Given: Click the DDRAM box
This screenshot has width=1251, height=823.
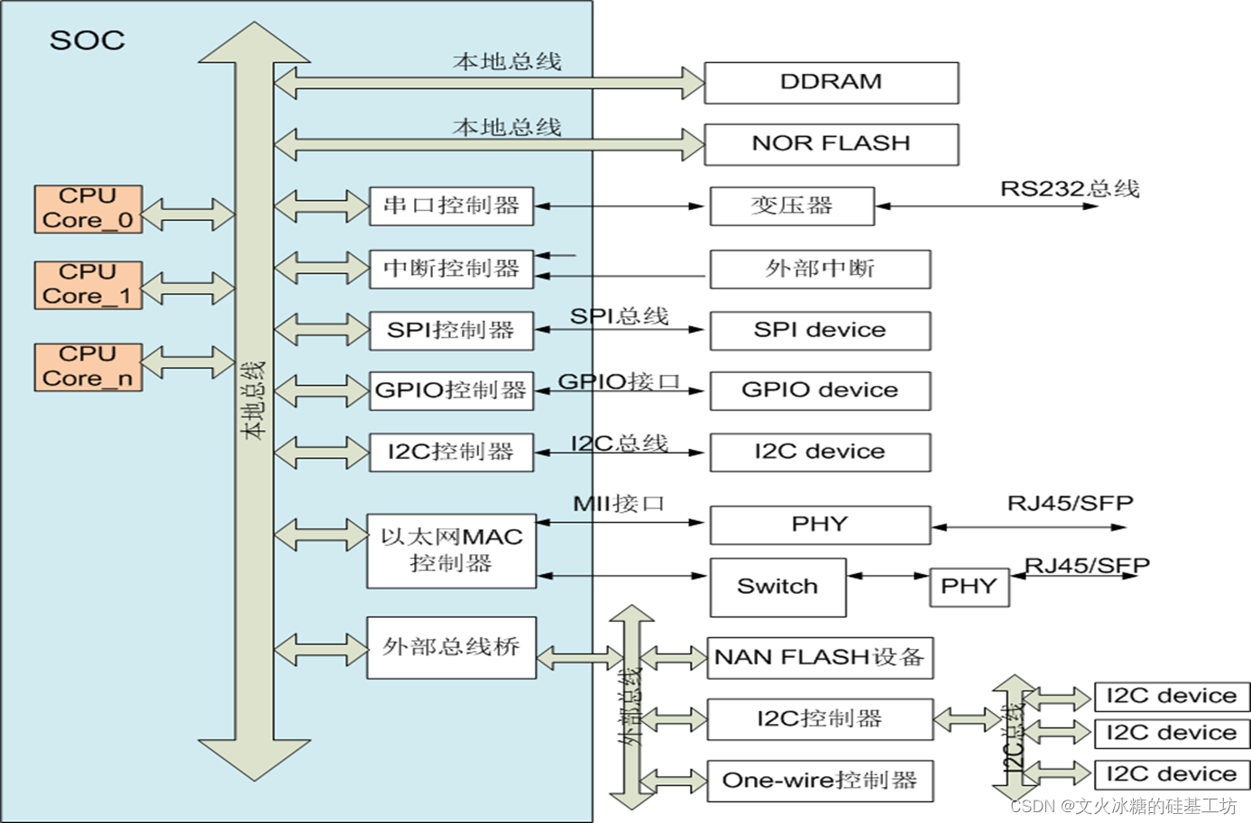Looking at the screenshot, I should click(831, 83).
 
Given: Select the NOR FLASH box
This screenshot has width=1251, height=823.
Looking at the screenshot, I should click(831, 144).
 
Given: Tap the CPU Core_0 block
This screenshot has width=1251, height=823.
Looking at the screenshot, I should click(88, 209).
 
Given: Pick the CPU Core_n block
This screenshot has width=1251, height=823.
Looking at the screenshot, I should click(88, 367).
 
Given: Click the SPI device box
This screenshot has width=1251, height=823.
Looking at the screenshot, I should click(820, 331).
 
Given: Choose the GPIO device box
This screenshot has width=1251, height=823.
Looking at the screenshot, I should click(820, 390).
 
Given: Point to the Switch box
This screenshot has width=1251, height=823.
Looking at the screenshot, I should click(777, 587).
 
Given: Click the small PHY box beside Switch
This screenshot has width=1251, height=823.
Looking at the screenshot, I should click(969, 588).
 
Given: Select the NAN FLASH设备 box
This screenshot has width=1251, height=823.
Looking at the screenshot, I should click(820, 658).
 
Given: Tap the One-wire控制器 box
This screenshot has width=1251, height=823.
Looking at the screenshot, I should click(820, 781).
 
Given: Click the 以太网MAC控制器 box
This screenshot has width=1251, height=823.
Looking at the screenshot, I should click(451, 551).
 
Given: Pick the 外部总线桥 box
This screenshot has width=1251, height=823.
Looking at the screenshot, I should click(451, 647).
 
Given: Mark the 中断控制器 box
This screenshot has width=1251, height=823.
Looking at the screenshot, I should click(451, 269).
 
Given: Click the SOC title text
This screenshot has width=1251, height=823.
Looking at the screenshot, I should click(87, 41).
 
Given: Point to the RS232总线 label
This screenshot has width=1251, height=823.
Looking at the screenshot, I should click(1070, 188).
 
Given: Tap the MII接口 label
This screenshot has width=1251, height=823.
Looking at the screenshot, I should click(619, 503).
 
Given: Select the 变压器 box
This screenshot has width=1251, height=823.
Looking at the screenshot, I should click(792, 206).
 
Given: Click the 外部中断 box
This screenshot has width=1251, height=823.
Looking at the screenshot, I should click(820, 270).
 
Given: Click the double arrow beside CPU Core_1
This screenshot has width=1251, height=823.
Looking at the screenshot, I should click(188, 288).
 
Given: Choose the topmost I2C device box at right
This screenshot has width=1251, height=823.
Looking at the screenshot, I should click(1172, 697).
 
